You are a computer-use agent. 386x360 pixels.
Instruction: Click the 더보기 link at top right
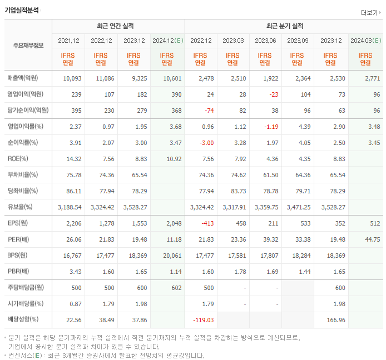click(370, 12)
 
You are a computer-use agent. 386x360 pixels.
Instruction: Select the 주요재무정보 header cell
click(28, 46)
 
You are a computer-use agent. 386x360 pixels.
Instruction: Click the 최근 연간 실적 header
click(118, 26)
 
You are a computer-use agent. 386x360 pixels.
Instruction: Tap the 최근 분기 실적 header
click(284, 26)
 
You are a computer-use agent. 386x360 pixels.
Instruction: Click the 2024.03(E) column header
click(365, 41)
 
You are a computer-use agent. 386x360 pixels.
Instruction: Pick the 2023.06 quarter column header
click(266, 41)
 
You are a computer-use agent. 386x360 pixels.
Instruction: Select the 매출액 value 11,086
click(102, 79)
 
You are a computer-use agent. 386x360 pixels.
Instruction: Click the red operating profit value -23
click(273, 95)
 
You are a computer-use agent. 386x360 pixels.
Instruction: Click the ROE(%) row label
click(18, 159)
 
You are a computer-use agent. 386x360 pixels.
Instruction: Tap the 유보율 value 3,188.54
click(70, 207)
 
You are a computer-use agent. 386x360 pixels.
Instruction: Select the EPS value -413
click(207, 223)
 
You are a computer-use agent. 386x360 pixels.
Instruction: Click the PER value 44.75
click(372, 239)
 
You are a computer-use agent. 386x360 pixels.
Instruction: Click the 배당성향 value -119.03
click(203, 320)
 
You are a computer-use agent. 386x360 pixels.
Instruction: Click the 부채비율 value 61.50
click(269, 175)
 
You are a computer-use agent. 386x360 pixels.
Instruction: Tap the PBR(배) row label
click(18, 272)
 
